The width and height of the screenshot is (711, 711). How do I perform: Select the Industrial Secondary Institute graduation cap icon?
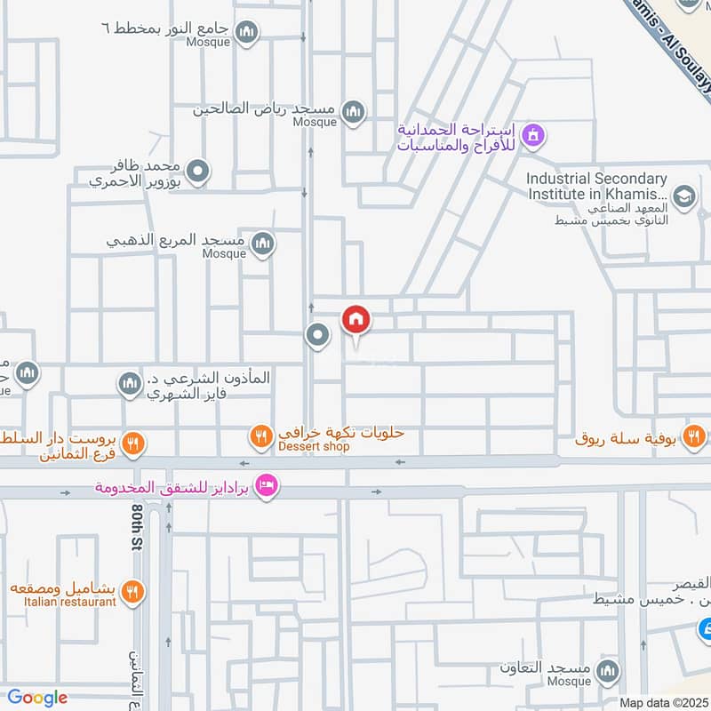pyautogui.click(x=683, y=196)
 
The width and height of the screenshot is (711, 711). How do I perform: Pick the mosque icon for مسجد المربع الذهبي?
pyautogui.click(x=262, y=243)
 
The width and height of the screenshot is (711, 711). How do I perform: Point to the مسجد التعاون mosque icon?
pyautogui.click(x=608, y=669)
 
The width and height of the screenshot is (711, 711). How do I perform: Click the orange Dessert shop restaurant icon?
pyautogui.click(x=260, y=435)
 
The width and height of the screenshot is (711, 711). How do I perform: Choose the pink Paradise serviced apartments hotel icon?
pyautogui.click(x=265, y=486)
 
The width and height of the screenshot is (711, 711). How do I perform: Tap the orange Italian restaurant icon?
pyautogui.click(x=132, y=591)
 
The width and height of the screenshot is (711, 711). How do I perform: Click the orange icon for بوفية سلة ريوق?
pyautogui.click(x=695, y=435)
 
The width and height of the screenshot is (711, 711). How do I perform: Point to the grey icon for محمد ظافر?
pyautogui.click(x=198, y=172)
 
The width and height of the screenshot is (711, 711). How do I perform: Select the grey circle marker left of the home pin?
pyautogui.click(x=316, y=335)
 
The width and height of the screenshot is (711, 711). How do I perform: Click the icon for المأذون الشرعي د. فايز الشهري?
pyautogui.click(x=130, y=383)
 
